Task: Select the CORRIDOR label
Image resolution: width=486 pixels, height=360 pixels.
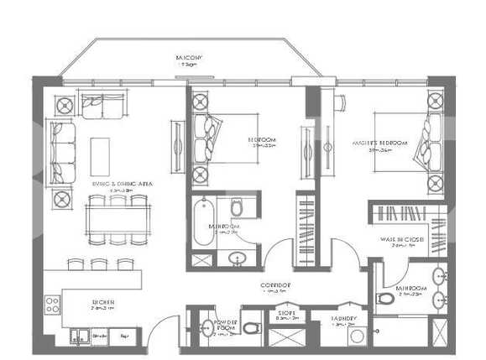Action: tap(275, 285)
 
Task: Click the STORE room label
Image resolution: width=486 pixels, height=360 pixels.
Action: tap(286, 316)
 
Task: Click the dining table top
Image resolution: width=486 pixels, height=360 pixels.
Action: tap(117, 219)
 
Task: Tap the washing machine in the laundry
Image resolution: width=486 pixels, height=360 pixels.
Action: tap(356, 336)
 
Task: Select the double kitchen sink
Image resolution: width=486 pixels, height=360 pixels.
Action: tap(81, 338)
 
